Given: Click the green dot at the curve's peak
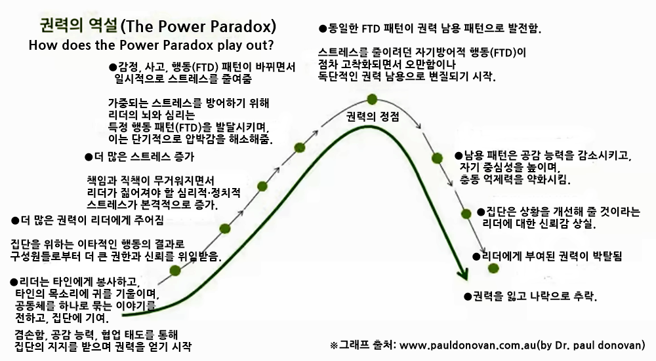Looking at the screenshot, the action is pyautogui.click(x=372, y=99).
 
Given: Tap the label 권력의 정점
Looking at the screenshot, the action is pyautogui.click(x=373, y=117).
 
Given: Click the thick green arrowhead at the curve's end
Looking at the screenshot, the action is pyautogui.click(x=462, y=273).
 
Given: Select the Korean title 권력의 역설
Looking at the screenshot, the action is pyautogui.click(x=78, y=26).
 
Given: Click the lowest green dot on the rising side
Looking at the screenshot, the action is pyautogui.click(x=175, y=271).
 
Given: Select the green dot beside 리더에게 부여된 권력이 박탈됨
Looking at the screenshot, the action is pyautogui.click(x=493, y=268).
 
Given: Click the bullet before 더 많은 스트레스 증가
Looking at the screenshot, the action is pyautogui.click(x=89, y=157).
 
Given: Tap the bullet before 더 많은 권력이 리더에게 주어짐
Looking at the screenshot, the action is pyautogui.click(x=15, y=221).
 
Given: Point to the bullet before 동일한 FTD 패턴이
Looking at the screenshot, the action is pyautogui.click(x=323, y=29).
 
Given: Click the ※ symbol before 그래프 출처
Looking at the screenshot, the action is pyautogui.click(x=333, y=345).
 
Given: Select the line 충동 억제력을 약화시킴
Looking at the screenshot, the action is pyautogui.click(x=515, y=180).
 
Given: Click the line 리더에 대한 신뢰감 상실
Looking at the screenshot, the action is pyautogui.click(x=539, y=223).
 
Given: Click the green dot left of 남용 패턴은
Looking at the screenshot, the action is pyautogui.click(x=437, y=158).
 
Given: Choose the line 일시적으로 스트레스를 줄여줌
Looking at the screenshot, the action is pyautogui.click(x=183, y=79).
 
